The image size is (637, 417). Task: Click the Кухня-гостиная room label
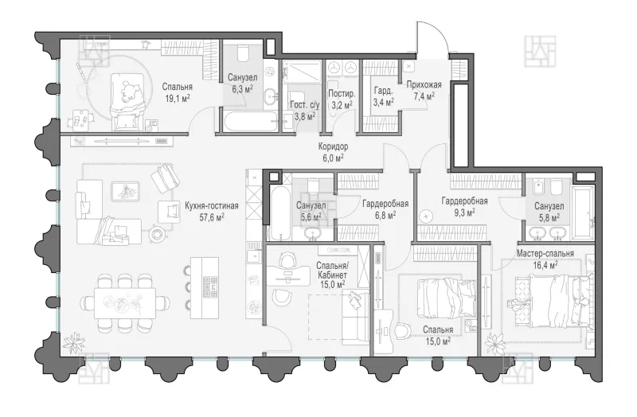tap(211, 206)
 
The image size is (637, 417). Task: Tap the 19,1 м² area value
tap(176, 98)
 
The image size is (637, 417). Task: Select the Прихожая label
tap(424, 85)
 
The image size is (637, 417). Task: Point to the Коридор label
tap(333, 146)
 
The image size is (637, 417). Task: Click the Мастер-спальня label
tap(545, 254)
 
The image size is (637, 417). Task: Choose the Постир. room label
tap(342, 94)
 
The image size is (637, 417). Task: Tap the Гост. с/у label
tap(305, 105)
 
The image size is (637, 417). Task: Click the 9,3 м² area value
tap(464, 212)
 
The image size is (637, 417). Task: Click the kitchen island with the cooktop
tap(205, 287)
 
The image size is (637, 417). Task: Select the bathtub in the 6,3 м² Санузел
tap(249, 121)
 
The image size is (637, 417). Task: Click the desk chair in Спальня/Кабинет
tap(288, 260)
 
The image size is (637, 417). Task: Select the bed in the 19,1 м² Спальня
tap(128, 101)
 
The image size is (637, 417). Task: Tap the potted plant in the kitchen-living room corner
tap(74, 343)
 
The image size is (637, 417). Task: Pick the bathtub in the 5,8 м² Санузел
tap(584, 212)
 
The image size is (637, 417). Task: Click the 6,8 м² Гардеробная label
tap(385, 208)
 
